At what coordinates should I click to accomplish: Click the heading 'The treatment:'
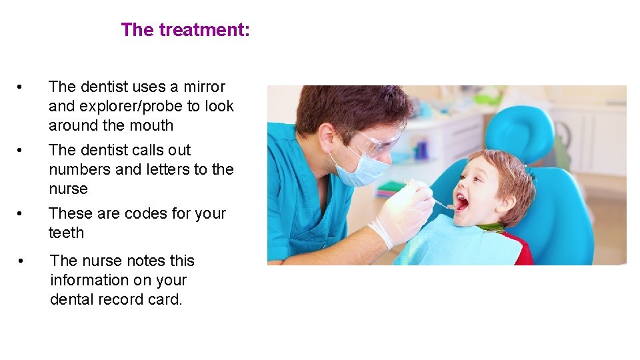[185, 30]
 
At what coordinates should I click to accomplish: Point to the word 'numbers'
[79, 169]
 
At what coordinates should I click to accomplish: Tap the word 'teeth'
[66, 233]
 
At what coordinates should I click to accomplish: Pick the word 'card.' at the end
[165, 299]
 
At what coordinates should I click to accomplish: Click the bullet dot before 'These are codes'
[21, 214]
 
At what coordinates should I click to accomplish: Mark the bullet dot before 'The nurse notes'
[22, 261]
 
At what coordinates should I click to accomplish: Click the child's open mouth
[461, 201]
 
